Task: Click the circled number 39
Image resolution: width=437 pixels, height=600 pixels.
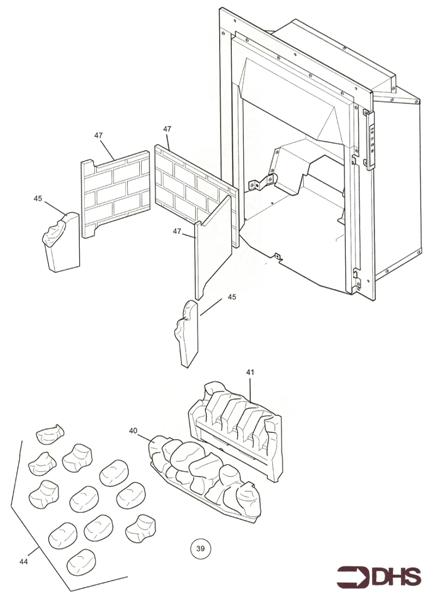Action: tap(200, 547)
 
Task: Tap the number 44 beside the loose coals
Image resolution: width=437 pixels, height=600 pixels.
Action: tap(23, 562)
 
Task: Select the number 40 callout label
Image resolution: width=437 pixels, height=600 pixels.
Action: tap(132, 431)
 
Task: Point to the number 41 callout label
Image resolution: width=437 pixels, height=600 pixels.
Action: tap(251, 372)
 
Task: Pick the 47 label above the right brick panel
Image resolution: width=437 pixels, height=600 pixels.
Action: tap(167, 129)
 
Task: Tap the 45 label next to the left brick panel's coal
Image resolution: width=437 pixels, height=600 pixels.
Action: tap(37, 199)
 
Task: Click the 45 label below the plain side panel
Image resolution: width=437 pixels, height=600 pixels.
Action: tap(231, 297)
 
